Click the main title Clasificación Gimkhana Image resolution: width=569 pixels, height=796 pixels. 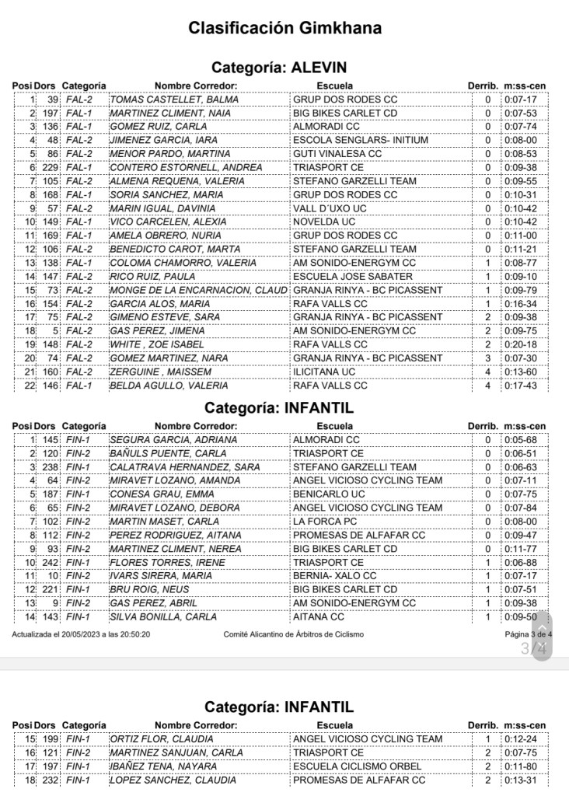284,29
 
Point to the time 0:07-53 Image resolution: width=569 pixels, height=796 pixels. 520,113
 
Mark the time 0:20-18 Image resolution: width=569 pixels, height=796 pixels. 520,344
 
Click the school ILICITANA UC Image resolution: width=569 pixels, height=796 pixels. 324,372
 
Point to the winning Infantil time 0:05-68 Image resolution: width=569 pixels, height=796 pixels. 520,439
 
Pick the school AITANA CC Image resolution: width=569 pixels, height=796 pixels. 318,616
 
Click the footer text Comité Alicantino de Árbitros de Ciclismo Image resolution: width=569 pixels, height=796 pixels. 293,634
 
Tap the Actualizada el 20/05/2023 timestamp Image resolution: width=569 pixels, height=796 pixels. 81,634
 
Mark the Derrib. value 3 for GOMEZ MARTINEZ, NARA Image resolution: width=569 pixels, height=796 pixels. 488,358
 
